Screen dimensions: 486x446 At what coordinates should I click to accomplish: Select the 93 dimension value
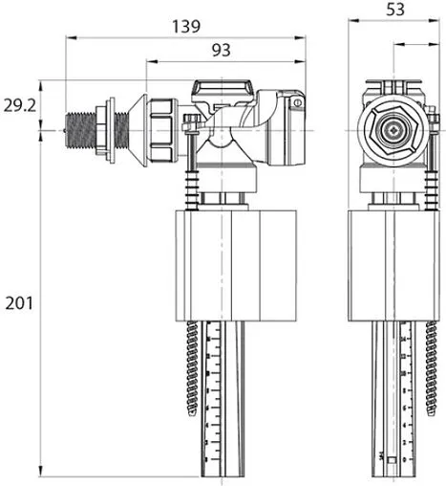[x=222, y=51]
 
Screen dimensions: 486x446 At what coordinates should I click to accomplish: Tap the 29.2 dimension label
[x=19, y=105]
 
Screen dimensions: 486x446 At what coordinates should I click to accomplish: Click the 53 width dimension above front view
[x=394, y=10]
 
